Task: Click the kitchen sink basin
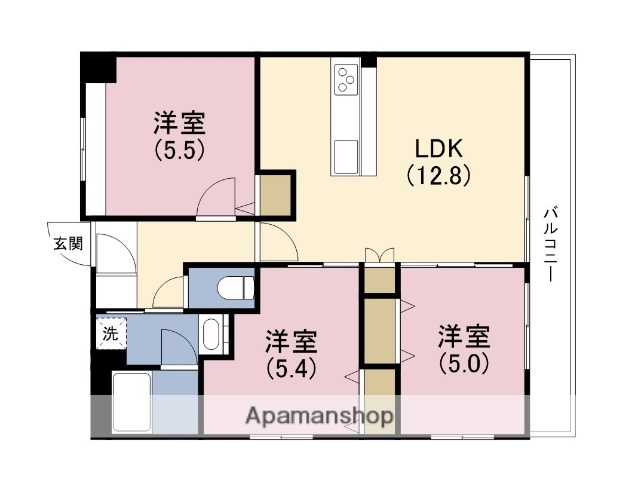[347, 156]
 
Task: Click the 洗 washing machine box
[109, 334]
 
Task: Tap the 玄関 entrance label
[68, 241]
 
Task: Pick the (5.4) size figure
[291, 366]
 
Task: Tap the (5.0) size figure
[463, 360]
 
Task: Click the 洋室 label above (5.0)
[463, 335]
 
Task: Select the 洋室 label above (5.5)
[179, 124]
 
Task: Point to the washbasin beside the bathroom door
[211, 333]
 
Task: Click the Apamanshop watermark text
[319, 415]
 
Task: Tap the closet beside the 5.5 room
[276, 195]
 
